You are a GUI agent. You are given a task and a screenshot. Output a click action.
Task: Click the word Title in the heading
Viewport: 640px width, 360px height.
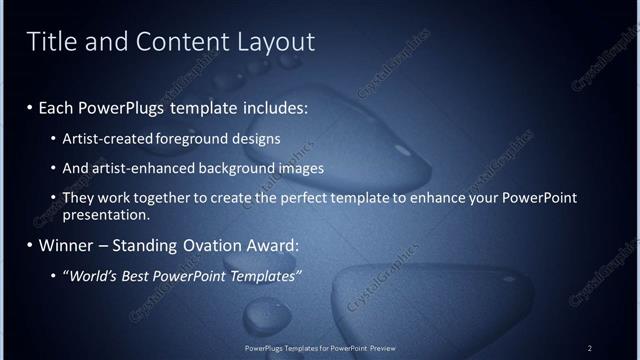[x=50, y=41]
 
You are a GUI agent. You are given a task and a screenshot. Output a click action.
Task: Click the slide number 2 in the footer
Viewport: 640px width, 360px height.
[x=590, y=348]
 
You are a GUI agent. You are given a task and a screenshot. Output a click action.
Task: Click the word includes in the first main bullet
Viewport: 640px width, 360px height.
[x=274, y=106]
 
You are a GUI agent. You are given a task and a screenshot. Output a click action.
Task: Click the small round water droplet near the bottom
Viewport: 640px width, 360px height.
[x=269, y=316]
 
